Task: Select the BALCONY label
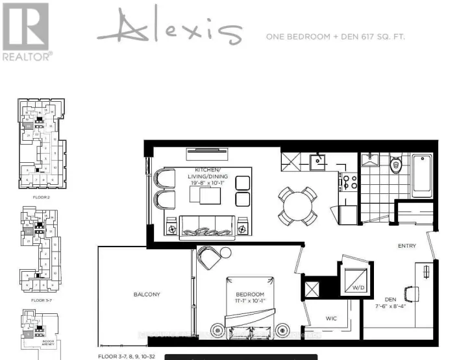[x=147, y=294]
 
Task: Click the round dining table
[x=297, y=204]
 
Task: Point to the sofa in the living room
[x=206, y=226]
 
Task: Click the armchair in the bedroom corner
[x=210, y=257]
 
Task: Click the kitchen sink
[x=318, y=160]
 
